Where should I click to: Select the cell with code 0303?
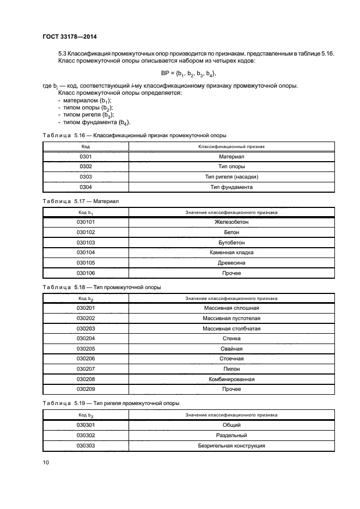click(x=86, y=177)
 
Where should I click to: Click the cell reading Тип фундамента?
click(x=231, y=187)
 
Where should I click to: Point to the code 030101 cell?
click(x=86, y=222)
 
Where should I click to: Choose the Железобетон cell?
click(x=231, y=222)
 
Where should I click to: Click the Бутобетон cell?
click(x=231, y=242)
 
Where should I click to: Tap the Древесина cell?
click(x=231, y=262)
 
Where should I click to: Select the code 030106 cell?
click(x=86, y=273)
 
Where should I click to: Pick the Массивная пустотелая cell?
click(x=231, y=318)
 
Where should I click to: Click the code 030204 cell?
click(x=86, y=338)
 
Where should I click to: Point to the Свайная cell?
click(x=231, y=348)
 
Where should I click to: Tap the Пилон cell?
click(x=231, y=369)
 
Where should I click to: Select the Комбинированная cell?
click(x=231, y=379)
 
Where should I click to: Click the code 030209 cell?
click(x=86, y=389)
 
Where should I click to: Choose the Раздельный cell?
click(x=231, y=435)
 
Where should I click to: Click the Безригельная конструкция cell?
click(x=231, y=445)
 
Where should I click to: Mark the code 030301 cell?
click(x=86, y=425)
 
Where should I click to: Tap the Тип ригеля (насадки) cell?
click(x=231, y=177)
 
